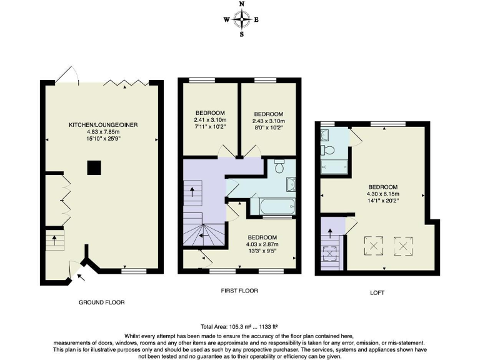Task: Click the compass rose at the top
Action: (x=241, y=19)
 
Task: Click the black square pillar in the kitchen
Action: (x=94, y=167)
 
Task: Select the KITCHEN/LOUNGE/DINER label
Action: (x=102, y=125)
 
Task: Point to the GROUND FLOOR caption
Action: (x=101, y=302)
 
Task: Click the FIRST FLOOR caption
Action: (x=239, y=291)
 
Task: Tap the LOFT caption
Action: (x=377, y=292)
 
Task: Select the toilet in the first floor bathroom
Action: (x=279, y=166)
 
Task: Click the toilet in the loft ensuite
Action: (x=327, y=149)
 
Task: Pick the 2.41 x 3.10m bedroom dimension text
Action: (x=210, y=121)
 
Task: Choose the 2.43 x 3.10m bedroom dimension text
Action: (x=269, y=121)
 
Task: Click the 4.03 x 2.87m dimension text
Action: (x=262, y=245)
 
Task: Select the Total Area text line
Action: (x=239, y=327)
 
